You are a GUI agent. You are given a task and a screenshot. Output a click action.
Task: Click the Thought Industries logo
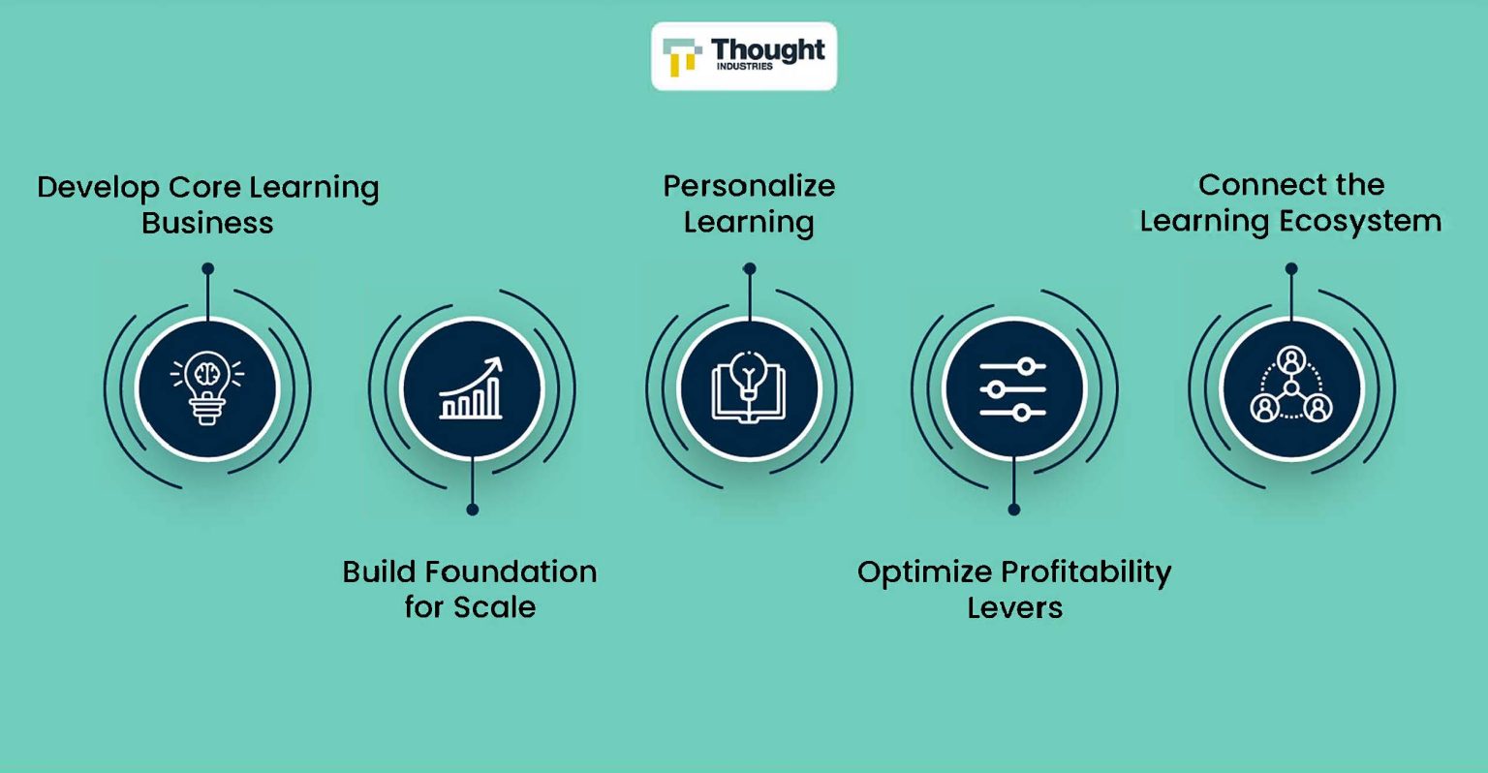tap(743, 56)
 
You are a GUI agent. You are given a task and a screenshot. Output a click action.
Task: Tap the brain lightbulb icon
tap(207, 388)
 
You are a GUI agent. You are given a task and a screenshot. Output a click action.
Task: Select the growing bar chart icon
tap(472, 389)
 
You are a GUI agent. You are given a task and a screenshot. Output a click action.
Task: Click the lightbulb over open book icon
tap(749, 388)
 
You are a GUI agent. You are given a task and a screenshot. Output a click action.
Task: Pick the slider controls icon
tap(1013, 389)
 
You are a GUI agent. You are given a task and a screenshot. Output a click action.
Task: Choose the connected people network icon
tap(1290, 388)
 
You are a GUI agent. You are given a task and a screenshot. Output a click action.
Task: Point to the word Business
tap(207, 224)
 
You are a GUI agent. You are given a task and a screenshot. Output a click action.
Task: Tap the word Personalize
tap(749, 186)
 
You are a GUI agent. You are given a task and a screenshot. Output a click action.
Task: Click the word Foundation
tap(511, 572)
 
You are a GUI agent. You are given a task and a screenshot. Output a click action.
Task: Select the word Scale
tap(494, 607)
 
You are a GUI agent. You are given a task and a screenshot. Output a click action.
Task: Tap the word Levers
tap(1014, 608)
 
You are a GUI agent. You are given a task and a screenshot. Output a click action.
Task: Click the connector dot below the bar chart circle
tap(472, 510)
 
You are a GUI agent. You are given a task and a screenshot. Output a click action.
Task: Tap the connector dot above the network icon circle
tap(1290, 269)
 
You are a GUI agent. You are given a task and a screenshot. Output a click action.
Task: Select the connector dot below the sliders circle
tap(1013, 510)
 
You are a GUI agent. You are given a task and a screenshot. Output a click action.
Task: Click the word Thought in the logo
tap(767, 49)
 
